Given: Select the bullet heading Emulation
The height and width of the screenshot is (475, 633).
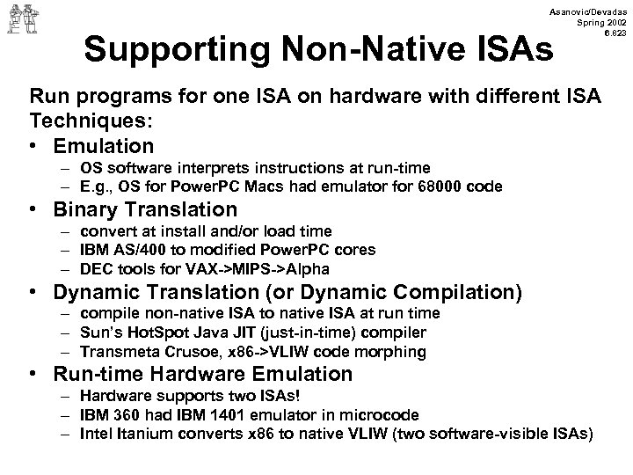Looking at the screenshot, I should (104, 146).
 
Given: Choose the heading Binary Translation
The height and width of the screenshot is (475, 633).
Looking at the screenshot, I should (145, 209).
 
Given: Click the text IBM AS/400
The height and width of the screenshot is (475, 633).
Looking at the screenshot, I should (115, 250).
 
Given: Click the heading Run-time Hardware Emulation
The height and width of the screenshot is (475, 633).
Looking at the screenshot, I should (202, 373).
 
